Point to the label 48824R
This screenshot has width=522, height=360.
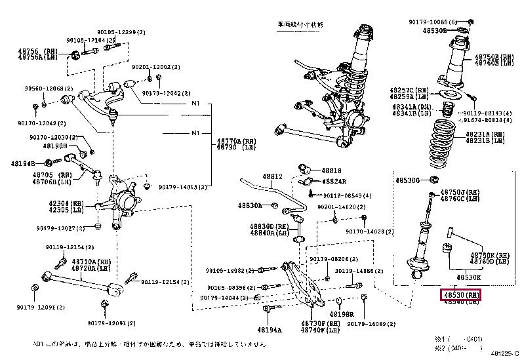coord(334,181)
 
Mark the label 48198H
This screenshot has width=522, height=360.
coord(56,146)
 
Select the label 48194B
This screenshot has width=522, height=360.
coord(22,163)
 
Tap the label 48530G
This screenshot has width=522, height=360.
coord(407,178)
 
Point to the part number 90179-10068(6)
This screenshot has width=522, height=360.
coord(432,22)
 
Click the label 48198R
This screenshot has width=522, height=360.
coord(342,314)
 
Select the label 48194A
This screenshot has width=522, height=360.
coord(269,329)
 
